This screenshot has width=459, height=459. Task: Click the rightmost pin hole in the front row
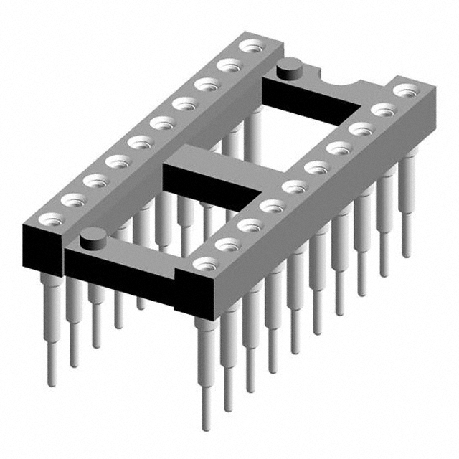(407, 91)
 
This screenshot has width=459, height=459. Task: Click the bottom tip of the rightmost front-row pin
(406, 252)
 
